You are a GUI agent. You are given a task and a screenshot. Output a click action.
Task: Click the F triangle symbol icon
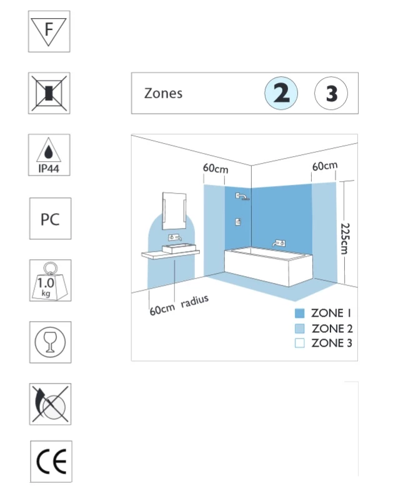[x=49, y=31]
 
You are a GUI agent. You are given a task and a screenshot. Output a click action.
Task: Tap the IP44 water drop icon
[x=49, y=155]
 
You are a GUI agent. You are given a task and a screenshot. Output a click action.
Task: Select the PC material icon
[x=50, y=219]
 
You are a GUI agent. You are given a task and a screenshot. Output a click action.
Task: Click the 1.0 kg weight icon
[x=50, y=280]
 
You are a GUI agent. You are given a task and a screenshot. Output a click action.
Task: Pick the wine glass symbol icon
[x=50, y=342]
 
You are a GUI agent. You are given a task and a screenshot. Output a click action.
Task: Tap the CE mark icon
[x=51, y=462]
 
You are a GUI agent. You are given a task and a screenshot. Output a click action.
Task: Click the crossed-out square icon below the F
[x=49, y=93]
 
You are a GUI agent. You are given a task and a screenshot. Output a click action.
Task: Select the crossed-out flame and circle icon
[x=50, y=404]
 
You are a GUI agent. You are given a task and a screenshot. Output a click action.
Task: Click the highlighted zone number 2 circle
[x=281, y=93]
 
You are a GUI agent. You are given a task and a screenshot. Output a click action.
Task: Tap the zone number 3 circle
[x=331, y=93]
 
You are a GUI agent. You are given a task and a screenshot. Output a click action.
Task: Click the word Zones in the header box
[x=163, y=93]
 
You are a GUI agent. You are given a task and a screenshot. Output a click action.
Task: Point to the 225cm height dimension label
[x=346, y=239]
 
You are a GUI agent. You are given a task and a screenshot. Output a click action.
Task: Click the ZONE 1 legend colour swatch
[x=299, y=314]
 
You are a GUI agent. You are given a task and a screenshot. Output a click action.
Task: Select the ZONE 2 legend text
[x=332, y=329]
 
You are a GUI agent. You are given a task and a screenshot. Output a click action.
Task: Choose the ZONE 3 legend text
[x=332, y=343]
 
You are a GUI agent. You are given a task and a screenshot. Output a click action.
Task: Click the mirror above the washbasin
[x=174, y=211]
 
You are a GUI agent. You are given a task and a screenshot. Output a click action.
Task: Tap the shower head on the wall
[x=242, y=196]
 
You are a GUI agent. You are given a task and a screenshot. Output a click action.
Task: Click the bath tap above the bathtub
[x=279, y=243]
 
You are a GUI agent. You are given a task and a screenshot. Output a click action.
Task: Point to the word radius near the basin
[x=195, y=301]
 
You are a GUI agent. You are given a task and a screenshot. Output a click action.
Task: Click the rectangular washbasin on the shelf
[x=179, y=248]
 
